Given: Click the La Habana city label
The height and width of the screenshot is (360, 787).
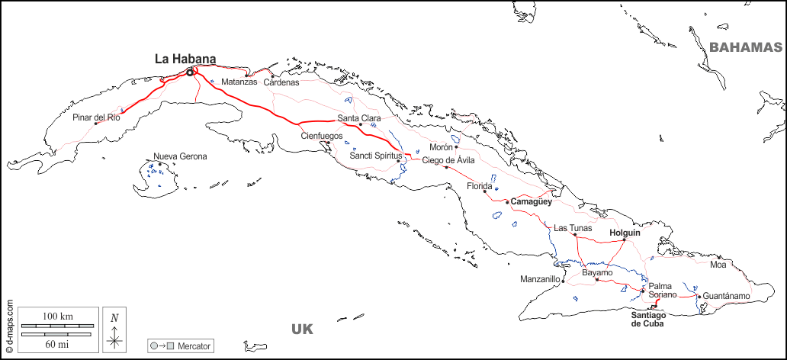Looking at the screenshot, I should click(x=185, y=58).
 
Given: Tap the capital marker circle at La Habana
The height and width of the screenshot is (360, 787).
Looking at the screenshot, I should click(x=190, y=72).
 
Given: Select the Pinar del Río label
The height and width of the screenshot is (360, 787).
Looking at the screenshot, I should click(x=96, y=117).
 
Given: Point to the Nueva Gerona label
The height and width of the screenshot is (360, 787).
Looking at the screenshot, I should click(x=180, y=156).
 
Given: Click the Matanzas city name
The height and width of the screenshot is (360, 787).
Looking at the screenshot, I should click(x=239, y=82).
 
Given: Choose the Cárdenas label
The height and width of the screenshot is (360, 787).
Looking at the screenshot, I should click(x=281, y=82).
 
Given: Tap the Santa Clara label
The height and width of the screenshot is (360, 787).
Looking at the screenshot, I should click(x=359, y=118).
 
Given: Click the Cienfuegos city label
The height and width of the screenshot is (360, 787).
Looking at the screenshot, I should click(x=322, y=136).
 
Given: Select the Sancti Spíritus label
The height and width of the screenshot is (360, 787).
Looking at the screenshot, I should click(x=375, y=156).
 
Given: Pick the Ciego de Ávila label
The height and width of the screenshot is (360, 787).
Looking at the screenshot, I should click(x=448, y=160).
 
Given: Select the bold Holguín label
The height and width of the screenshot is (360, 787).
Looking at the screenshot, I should click(x=625, y=233).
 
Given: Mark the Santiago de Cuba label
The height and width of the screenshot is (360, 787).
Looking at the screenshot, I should click(x=648, y=319).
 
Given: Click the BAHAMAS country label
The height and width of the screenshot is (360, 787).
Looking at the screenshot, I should click(x=746, y=47).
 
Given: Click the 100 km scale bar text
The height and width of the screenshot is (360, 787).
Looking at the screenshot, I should click(x=57, y=316).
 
